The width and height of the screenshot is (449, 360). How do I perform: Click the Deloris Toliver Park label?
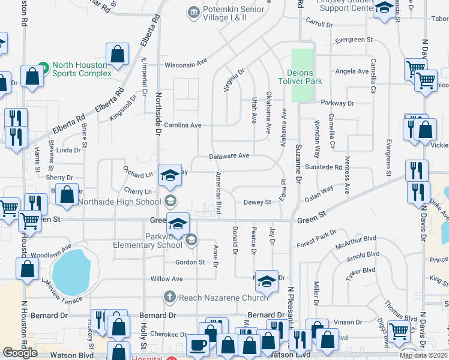(x=300, y=77)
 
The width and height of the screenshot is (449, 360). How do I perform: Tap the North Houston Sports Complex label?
(x=82, y=70)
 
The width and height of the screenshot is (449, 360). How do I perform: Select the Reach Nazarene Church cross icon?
(x=170, y=297)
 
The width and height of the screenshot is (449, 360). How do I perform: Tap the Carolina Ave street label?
(x=184, y=125)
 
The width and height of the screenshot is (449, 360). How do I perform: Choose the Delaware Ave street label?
(x=229, y=156)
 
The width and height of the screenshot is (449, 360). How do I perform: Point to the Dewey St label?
(x=258, y=203)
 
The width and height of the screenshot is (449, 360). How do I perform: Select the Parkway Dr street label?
(x=337, y=103)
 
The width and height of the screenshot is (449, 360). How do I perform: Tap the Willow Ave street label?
(x=166, y=279)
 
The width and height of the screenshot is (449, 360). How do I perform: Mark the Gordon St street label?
(x=190, y=262)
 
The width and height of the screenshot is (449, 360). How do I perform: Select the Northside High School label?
(x=119, y=202)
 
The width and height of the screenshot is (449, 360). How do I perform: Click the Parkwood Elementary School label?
(x=148, y=241)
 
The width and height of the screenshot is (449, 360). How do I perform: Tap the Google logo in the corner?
(x=20, y=353)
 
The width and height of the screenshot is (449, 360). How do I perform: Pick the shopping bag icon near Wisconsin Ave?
(x=118, y=54)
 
